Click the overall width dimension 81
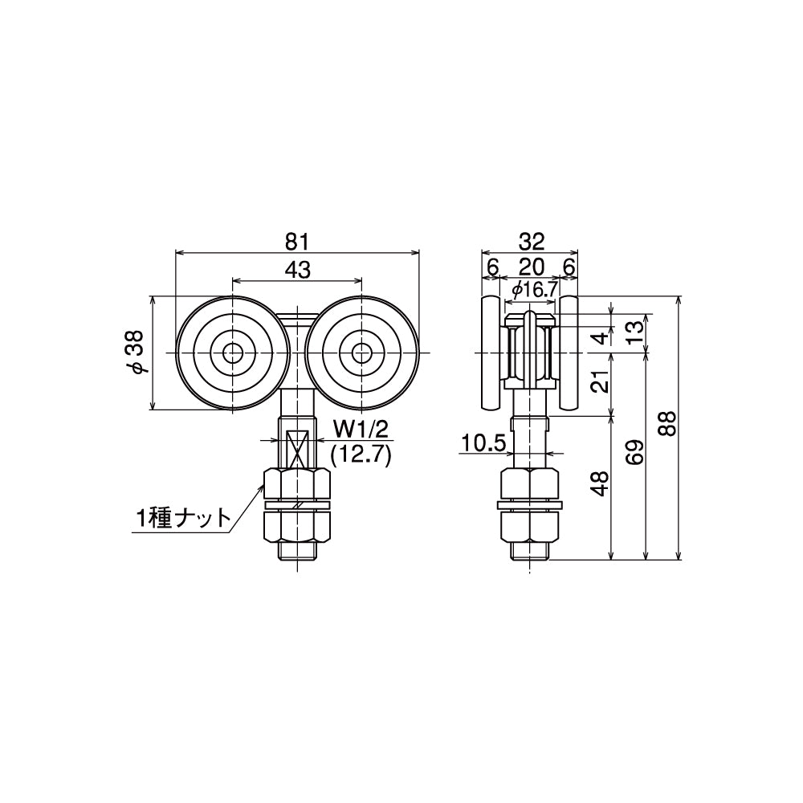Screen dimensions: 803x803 (x=298, y=240)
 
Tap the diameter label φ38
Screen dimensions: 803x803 (x=138, y=353)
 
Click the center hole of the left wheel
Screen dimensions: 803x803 (x=233, y=353)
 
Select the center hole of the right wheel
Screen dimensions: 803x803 (x=362, y=353)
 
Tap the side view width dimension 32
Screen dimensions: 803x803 (x=532, y=240)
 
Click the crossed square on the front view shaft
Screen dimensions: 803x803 (x=298, y=446)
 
